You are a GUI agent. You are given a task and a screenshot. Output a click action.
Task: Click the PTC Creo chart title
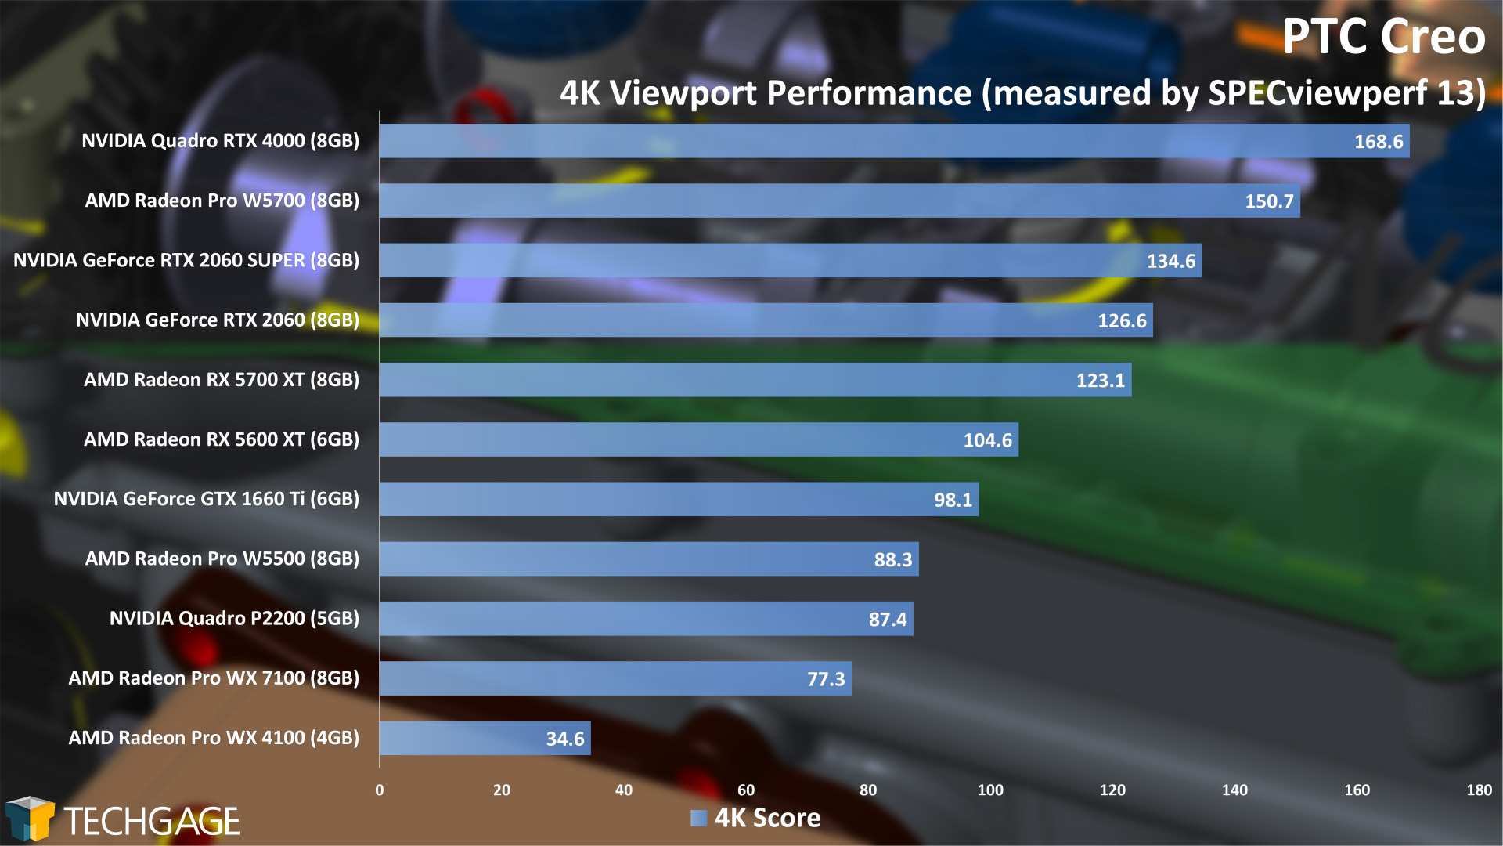point(1382,37)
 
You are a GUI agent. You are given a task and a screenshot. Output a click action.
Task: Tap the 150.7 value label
point(1269,201)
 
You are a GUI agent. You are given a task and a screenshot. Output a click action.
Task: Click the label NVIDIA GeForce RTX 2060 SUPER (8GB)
point(186,260)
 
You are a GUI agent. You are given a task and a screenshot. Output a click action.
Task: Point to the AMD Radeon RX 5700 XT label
point(222,380)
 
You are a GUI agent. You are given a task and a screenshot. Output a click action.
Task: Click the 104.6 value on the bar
point(987,440)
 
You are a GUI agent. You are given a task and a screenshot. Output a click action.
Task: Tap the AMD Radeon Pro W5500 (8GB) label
point(222,559)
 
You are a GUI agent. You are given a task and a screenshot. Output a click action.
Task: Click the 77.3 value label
point(826,679)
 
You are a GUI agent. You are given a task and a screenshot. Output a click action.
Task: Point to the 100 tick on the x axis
point(990,790)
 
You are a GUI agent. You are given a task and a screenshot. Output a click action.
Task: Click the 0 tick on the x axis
point(380,790)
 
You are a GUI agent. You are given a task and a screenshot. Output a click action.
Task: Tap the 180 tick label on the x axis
point(1479,790)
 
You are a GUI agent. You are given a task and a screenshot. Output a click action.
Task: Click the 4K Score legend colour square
point(698,819)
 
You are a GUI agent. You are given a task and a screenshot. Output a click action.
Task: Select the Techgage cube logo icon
point(30,819)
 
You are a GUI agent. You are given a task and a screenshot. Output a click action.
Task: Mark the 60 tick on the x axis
point(746,790)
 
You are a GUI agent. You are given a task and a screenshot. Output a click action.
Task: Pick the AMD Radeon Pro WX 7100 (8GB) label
point(214,678)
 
